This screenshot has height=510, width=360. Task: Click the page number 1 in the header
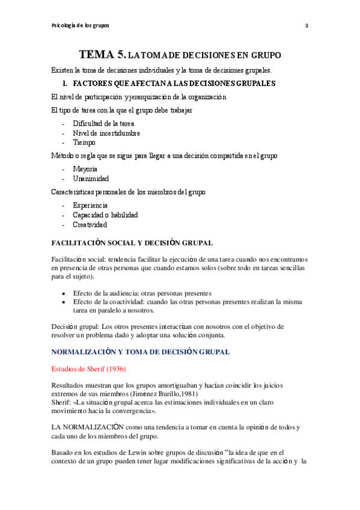pyautogui.click(x=307, y=25)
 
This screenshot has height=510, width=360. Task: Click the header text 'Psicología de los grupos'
pyautogui.click(x=81, y=25)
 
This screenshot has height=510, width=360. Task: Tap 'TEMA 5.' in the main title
pyautogui.click(x=102, y=55)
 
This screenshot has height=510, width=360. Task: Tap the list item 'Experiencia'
pyautogui.click(x=91, y=205)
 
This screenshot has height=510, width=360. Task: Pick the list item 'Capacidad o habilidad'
pyautogui.click(x=105, y=215)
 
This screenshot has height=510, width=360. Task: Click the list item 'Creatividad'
pyautogui.click(x=90, y=224)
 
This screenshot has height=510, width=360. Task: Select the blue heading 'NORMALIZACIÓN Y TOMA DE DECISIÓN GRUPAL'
pyautogui.click(x=140, y=351)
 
